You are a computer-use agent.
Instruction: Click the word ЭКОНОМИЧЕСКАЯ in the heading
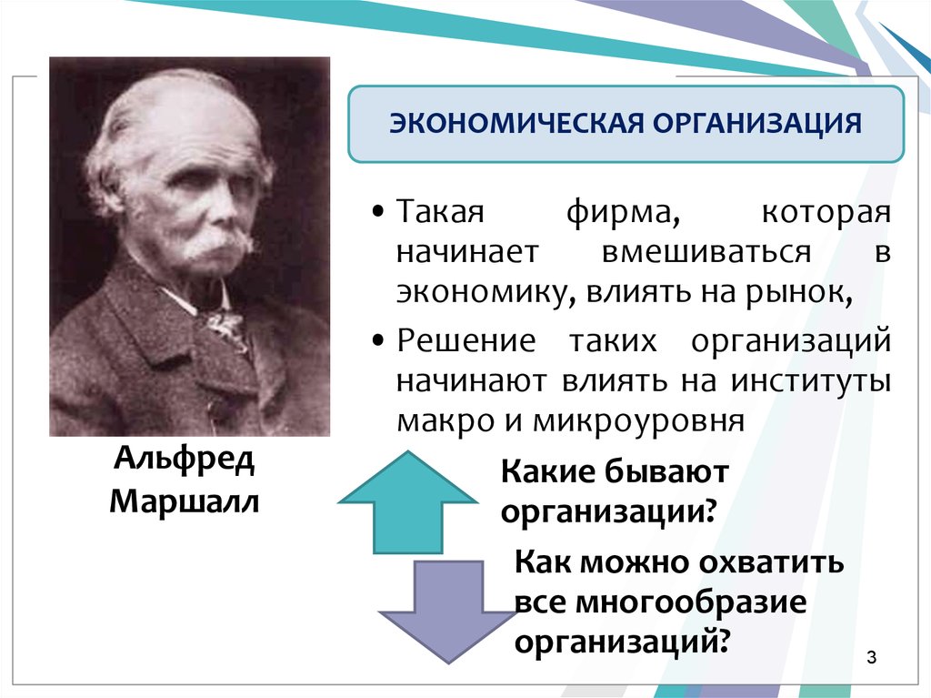516,123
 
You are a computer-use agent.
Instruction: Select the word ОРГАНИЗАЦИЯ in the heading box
757,124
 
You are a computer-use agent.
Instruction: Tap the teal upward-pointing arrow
408,502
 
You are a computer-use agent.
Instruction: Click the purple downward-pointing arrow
448,612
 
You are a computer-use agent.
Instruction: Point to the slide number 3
871,658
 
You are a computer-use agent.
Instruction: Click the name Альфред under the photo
185,459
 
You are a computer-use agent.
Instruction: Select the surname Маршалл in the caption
185,501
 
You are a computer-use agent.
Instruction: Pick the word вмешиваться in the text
706,252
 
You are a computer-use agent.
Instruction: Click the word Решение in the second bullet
466,340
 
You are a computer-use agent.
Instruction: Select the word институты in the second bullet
810,381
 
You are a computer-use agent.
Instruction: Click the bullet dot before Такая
378,212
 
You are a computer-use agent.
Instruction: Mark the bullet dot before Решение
378,341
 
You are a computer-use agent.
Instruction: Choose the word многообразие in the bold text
691,602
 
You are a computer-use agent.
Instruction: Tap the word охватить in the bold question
771,561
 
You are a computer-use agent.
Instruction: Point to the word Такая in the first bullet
441,212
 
